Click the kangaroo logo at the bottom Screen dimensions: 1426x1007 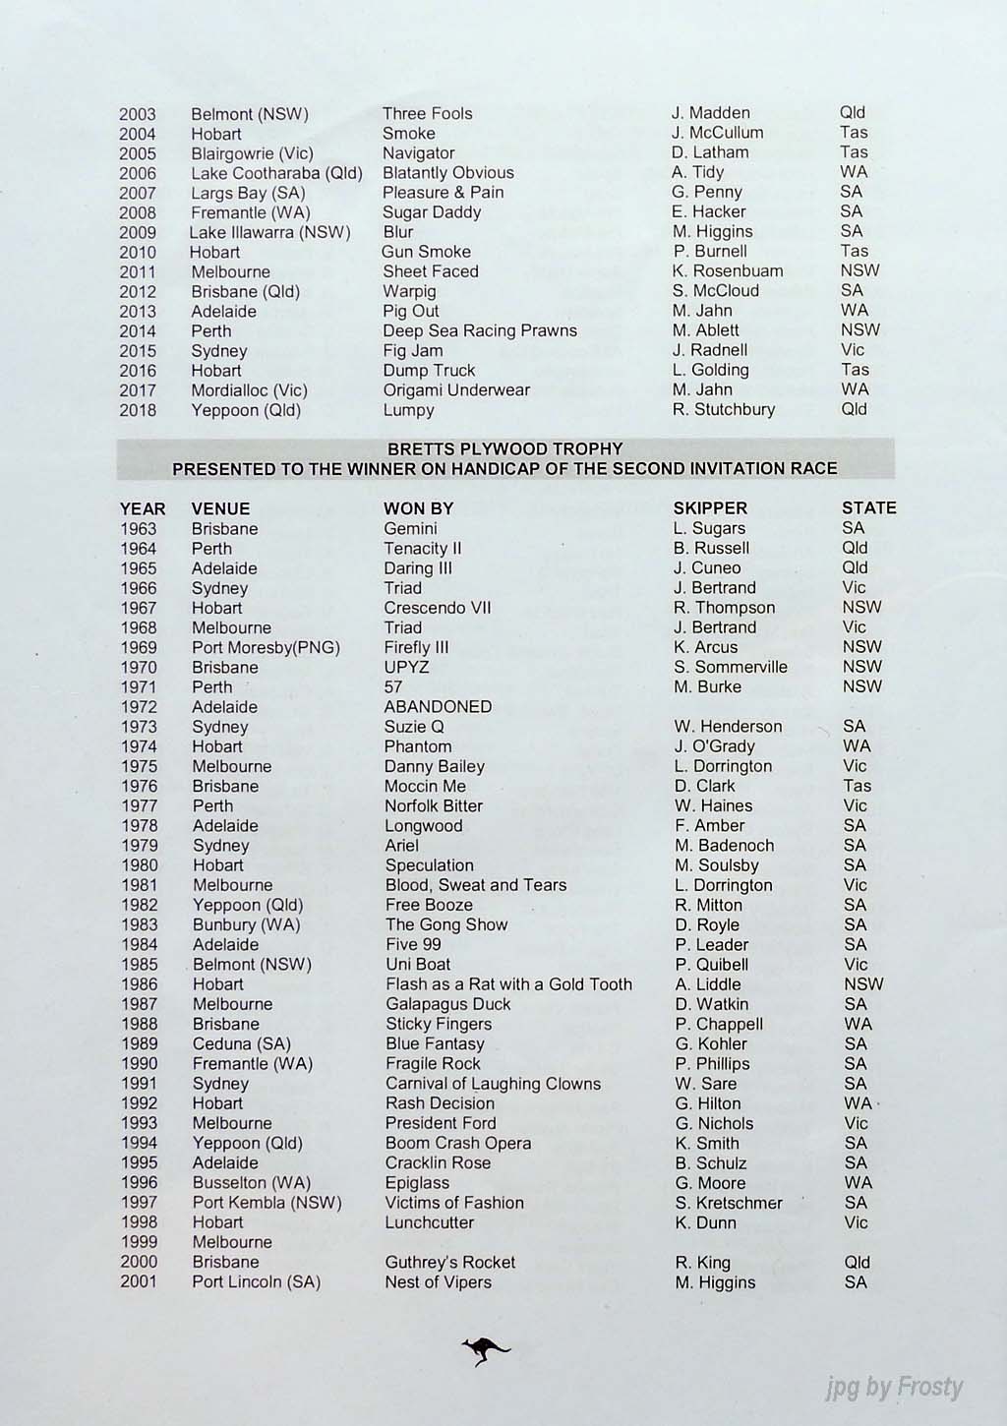(486, 1351)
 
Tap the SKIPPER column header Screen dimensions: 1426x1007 (710, 508)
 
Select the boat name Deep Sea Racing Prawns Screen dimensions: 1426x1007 (480, 330)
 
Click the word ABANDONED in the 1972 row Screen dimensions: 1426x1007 (438, 706)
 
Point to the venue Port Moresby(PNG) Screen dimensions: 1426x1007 (266, 647)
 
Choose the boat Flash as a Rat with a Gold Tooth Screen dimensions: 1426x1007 (508, 983)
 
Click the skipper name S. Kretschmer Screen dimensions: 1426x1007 (729, 1202)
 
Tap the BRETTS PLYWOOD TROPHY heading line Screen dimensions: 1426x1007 (504, 448)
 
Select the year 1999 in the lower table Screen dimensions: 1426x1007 (139, 1242)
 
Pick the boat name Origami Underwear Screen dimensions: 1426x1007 (456, 389)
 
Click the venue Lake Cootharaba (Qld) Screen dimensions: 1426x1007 (276, 173)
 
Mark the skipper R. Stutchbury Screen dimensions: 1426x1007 (724, 409)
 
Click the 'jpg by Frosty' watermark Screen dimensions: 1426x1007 (894, 1388)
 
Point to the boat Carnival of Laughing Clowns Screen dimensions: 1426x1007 (493, 1083)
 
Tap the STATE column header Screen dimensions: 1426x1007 (868, 508)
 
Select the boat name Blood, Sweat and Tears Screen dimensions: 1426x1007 (476, 884)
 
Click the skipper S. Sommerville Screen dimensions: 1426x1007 (731, 667)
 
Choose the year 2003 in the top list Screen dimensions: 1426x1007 (138, 114)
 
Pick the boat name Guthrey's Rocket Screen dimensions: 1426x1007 (449, 1262)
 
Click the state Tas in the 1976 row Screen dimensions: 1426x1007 (857, 786)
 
